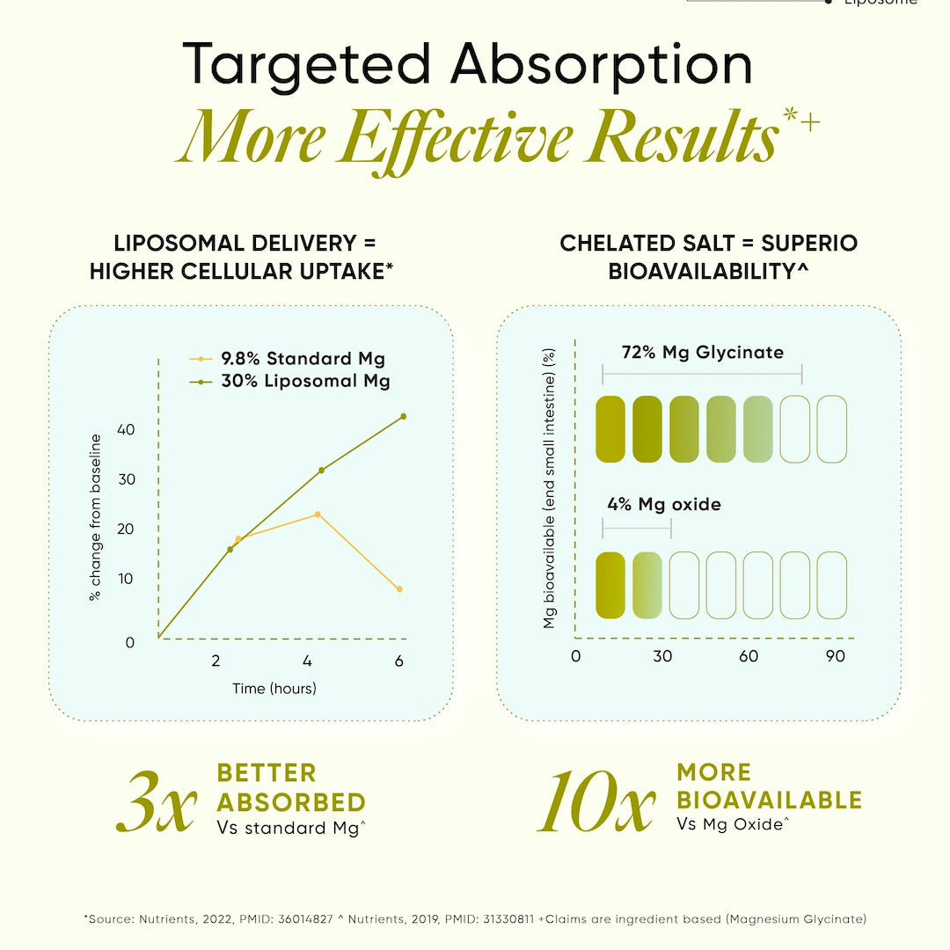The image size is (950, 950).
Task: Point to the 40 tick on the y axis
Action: point(126,430)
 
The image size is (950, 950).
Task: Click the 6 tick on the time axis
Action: point(398,661)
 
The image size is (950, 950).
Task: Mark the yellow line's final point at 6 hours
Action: point(399,589)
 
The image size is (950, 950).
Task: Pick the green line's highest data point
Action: point(403,416)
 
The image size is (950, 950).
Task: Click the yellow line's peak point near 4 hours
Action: point(318,515)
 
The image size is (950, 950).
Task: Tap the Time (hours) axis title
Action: point(274,688)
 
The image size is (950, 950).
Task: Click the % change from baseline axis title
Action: point(95,517)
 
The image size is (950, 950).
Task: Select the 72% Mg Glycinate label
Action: point(702,353)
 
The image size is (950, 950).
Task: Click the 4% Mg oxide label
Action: point(664,505)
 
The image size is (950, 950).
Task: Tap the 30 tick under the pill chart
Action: point(662,656)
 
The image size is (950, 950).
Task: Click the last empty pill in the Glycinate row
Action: point(831,429)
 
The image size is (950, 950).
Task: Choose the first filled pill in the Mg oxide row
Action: point(610,584)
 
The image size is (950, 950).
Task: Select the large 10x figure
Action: point(596,801)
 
